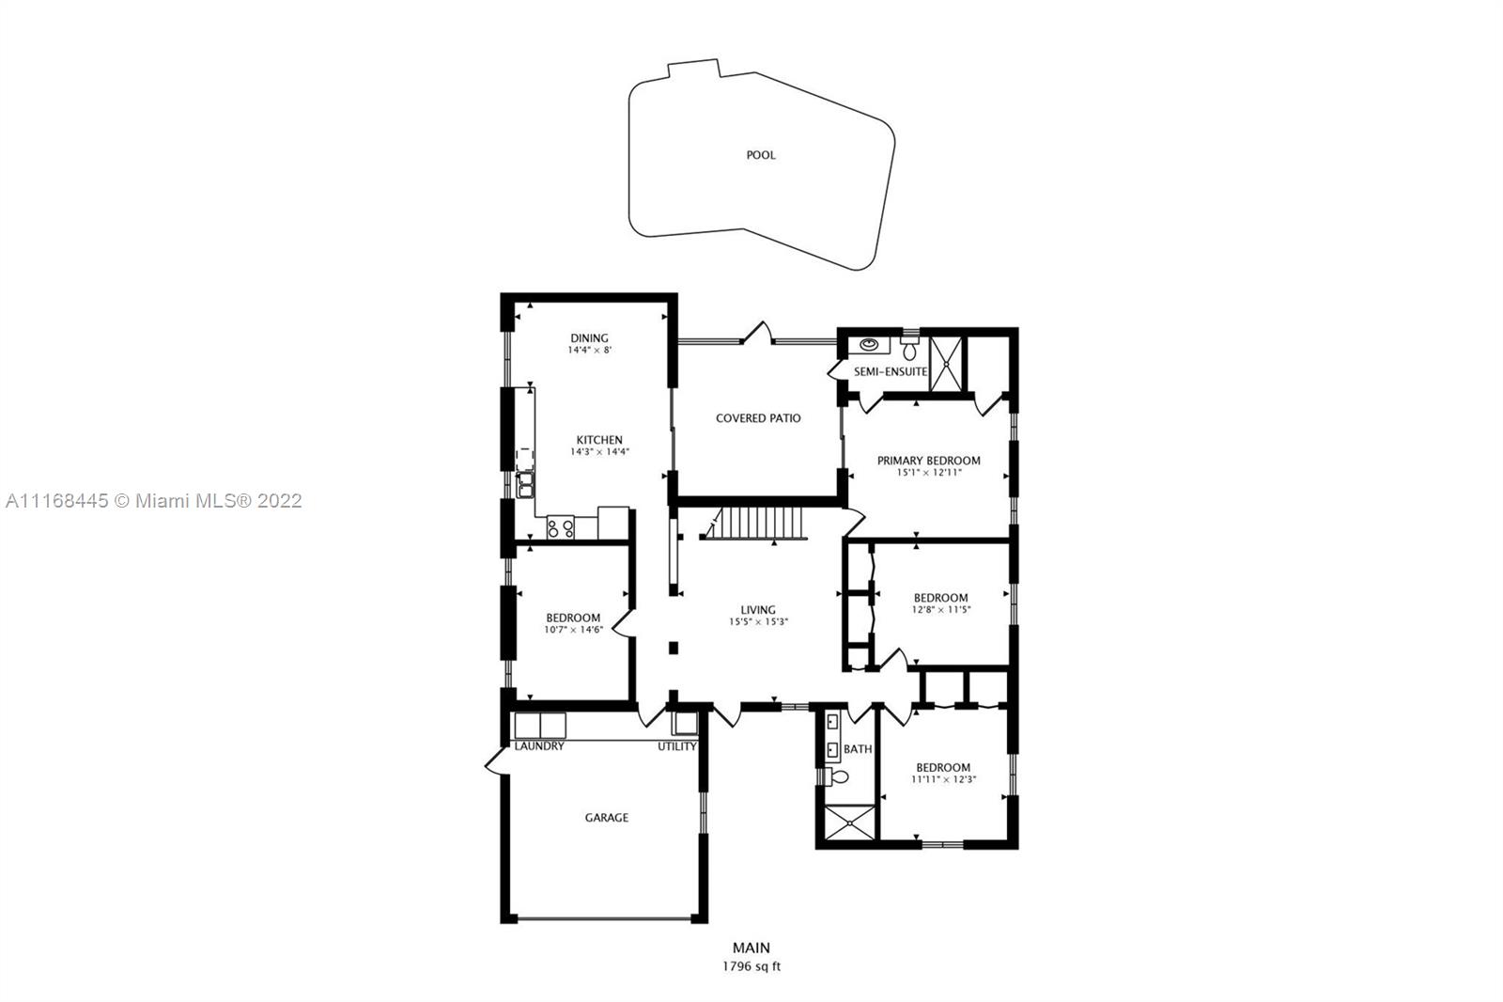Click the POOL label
pyautogui.click(x=761, y=155)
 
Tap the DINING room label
pyautogui.click(x=589, y=337)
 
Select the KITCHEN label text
pyautogui.click(x=600, y=440)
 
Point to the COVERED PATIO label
pyautogui.click(x=758, y=417)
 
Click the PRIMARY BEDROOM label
pyautogui.click(x=929, y=461)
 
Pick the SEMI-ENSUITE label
pyautogui.click(x=891, y=371)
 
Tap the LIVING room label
pyautogui.click(x=758, y=610)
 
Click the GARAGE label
pyautogui.click(x=607, y=818)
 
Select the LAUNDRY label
pyautogui.click(x=539, y=746)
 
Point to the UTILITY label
pyautogui.click(x=677, y=746)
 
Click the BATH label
pyautogui.click(x=858, y=749)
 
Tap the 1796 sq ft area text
pyautogui.click(x=751, y=966)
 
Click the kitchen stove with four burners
pyautogui.click(x=560, y=527)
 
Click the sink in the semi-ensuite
pyautogui.click(x=870, y=345)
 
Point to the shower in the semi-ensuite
pyautogui.click(x=946, y=364)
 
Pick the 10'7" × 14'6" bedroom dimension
pyautogui.click(x=574, y=630)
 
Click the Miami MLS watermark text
pyautogui.click(x=154, y=501)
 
